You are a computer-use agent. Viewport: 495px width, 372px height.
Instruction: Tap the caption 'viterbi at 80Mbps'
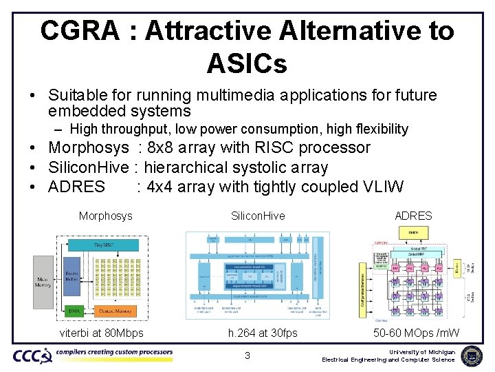pyautogui.click(x=101, y=333)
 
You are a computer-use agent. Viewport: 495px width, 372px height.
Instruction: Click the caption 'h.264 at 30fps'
pyautogui.click(x=263, y=333)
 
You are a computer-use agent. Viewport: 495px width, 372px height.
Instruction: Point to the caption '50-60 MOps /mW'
pyautogui.click(x=416, y=333)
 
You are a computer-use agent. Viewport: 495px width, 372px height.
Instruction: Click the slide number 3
pyautogui.click(x=247, y=355)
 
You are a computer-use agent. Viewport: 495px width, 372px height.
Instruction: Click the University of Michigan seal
pyautogui.click(x=471, y=355)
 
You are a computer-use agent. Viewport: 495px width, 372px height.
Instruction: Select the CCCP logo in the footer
pyautogui.click(x=32, y=355)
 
